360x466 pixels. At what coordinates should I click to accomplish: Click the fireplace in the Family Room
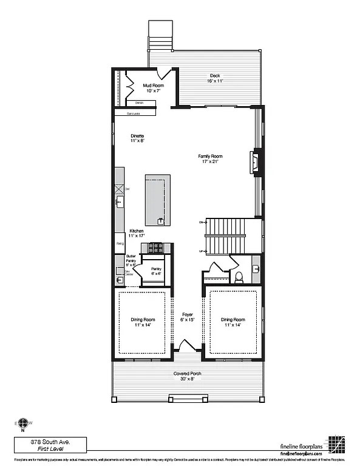[x=254, y=163]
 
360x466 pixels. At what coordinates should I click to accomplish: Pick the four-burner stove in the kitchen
[x=157, y=248]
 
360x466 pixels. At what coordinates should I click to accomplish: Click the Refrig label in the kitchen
[x=120, y=244]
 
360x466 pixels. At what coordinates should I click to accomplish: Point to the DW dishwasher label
[x=127, y=190]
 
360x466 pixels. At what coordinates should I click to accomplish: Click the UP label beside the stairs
[x=201, y=251]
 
